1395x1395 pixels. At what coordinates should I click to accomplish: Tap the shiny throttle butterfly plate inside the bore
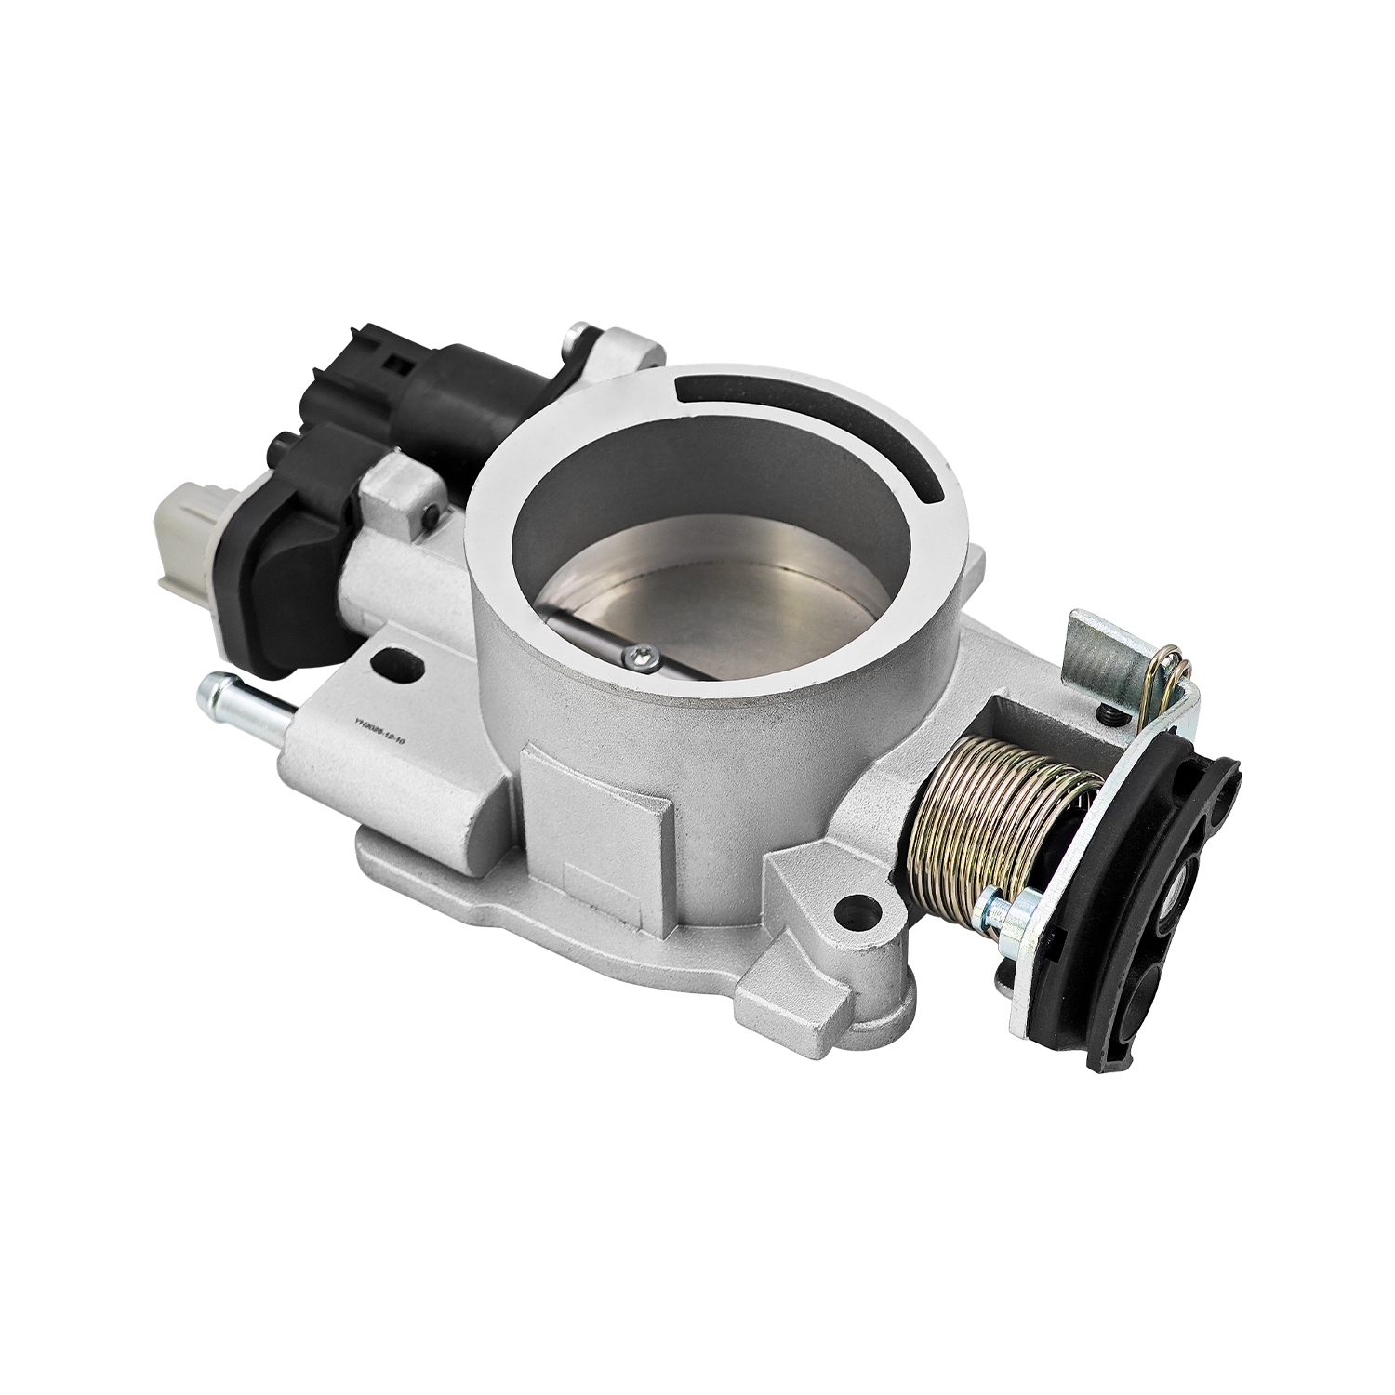679,595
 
